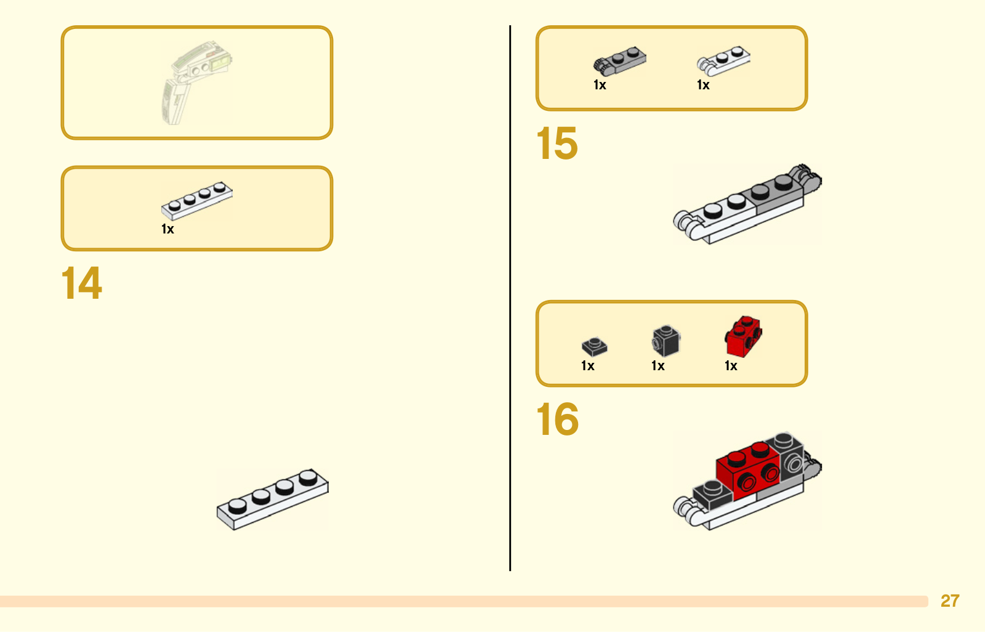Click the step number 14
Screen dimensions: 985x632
82,283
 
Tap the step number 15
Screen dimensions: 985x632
557,143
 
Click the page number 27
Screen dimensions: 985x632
950,601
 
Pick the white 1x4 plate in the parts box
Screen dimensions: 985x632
196,201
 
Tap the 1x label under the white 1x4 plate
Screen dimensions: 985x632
167,229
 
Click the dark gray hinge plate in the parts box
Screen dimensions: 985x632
619,60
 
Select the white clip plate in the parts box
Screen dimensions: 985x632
723,60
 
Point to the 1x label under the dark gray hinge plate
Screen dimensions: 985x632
600,85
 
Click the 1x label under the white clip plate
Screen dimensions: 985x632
703,85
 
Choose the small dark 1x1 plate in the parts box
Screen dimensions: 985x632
595,346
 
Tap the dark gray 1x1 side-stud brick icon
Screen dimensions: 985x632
665,341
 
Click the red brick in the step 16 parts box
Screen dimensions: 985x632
743,336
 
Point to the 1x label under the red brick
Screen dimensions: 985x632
731,366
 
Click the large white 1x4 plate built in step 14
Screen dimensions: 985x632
273,500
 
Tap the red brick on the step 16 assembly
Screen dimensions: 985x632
747,472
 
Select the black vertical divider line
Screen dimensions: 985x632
510,298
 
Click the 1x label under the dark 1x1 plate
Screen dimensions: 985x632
588,366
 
